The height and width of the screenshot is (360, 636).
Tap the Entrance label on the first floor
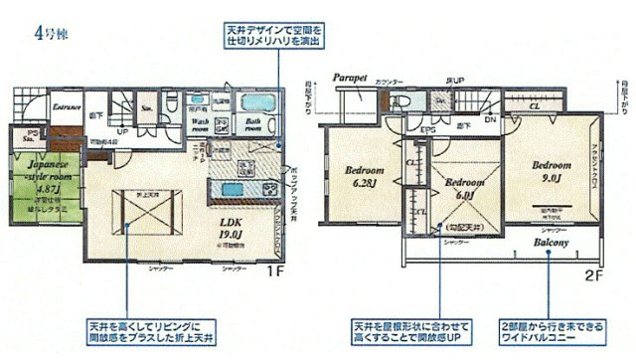click(x=67, y=105)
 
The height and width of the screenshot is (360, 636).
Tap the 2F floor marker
click(x=592, y=270)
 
